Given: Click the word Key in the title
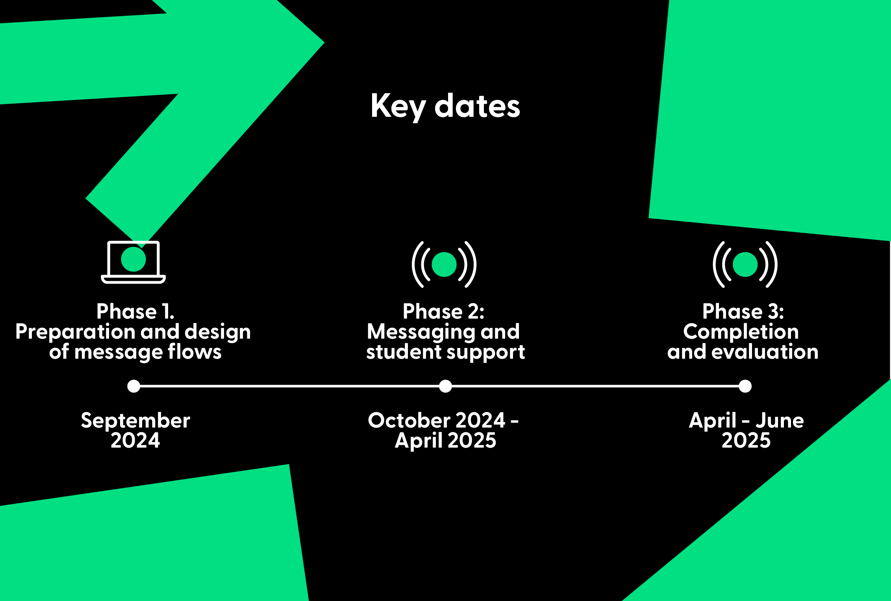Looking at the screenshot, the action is (x=398, y=107).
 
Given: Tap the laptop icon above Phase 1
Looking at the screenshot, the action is (x=133, y=262).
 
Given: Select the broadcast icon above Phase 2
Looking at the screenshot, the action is (x=444, y=264).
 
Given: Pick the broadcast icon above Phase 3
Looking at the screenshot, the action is (x=745, y=264).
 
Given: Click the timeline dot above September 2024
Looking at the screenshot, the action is (x=134, y=386).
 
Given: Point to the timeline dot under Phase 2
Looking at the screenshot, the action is (x=445, y=386).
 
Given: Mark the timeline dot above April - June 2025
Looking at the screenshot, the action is (x=745, y=386).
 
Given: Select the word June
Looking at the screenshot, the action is (x=780, y=420).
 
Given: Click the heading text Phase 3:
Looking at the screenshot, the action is (x=743, y=312).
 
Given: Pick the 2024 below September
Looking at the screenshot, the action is (x=135, y=440).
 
